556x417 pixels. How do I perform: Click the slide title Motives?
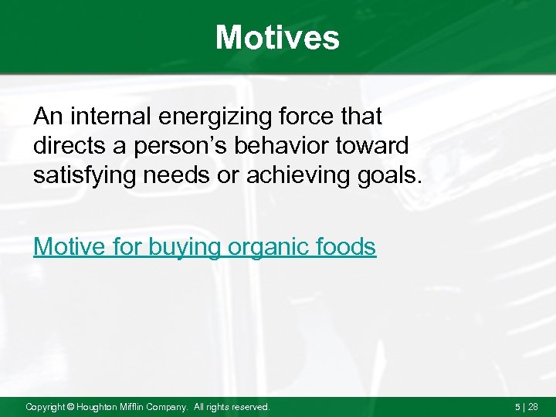point(277,37)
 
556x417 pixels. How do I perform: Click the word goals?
point(393,177)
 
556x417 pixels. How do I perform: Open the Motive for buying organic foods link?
point(205,247)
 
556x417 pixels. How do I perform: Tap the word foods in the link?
point(347,247)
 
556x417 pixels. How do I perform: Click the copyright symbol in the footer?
point(70,407)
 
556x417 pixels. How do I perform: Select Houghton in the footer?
point(99,407)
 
